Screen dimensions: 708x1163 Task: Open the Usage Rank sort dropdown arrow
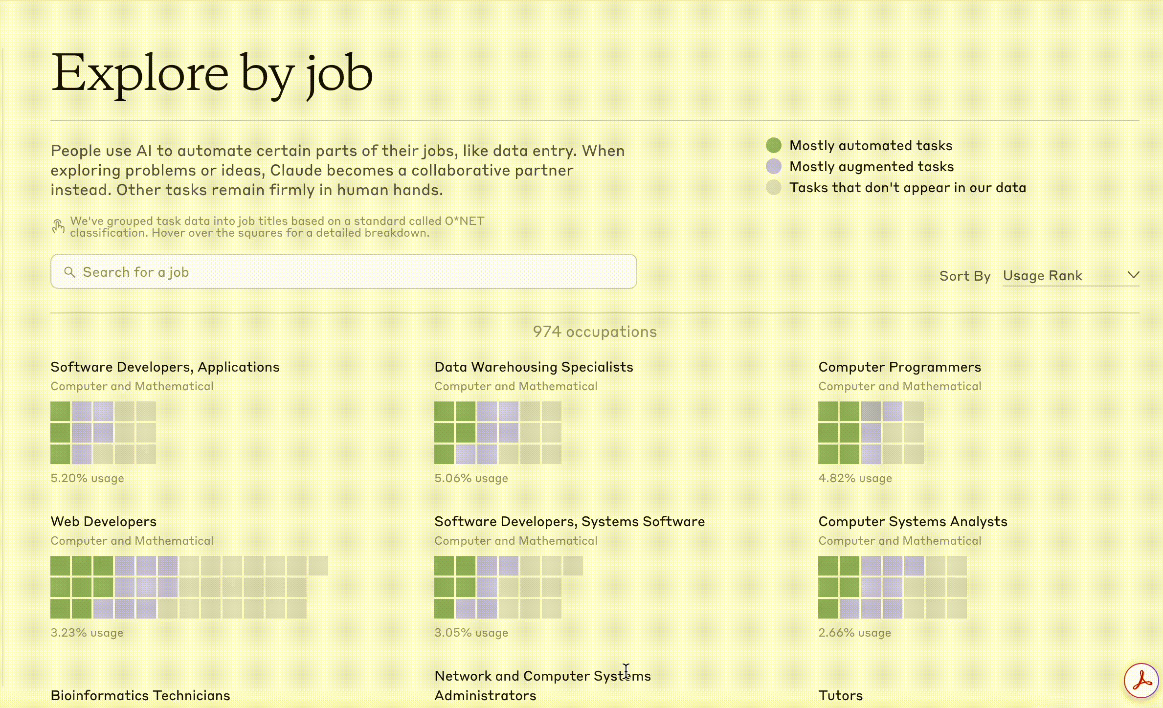1133,275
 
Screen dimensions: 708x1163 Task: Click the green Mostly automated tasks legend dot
773,145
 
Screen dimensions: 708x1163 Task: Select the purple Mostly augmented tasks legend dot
773,166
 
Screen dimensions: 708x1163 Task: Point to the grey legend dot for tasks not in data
773,187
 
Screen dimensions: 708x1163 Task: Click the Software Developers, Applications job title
165,367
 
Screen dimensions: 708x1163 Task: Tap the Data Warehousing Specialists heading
534,367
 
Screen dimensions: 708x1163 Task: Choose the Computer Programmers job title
899,367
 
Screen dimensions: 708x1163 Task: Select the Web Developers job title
103,521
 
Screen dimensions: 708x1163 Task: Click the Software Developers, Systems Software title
569,521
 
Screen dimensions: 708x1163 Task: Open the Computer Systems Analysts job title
913,521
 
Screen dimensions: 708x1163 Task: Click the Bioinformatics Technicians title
140,695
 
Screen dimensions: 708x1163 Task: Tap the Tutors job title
840,695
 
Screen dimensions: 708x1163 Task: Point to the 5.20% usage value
87,478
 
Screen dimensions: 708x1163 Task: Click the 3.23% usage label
87,633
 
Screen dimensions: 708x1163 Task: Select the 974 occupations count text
595,332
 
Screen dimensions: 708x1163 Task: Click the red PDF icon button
1141,680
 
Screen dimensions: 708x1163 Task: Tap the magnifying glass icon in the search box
69,272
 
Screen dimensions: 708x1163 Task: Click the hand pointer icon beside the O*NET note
58,226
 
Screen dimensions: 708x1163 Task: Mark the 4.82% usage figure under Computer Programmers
855,478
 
